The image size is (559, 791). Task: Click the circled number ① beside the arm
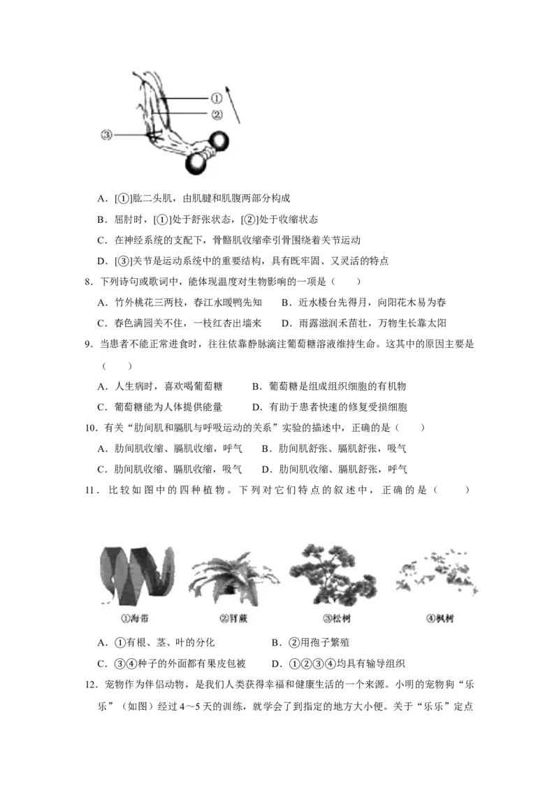tap(217, 99)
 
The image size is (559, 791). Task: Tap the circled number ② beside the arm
tap(217, 114)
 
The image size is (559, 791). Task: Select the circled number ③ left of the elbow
tap(106, 135)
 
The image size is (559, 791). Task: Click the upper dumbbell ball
tap(219, 141)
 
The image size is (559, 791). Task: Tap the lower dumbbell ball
tap(196, 164)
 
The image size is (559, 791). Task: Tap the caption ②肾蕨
tap(233, 619)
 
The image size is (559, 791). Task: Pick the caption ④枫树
tap(440, 619)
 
